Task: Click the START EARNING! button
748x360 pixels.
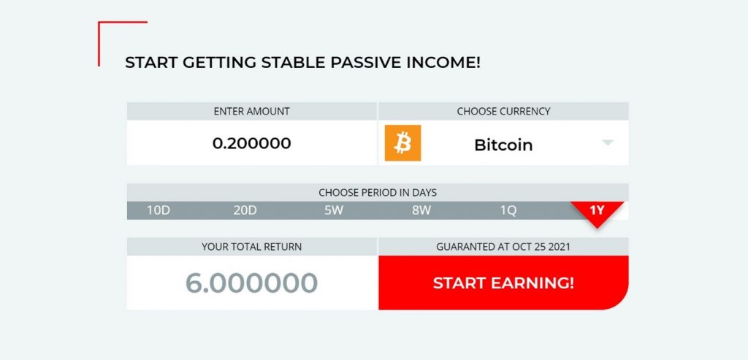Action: pos(503,283)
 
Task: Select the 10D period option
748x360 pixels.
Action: pos(159,210)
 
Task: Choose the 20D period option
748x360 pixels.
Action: pos(245,210)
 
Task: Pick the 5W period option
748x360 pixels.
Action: pos(334,210)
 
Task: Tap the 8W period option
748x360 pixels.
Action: pos(421,210)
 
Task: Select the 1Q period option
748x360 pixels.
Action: pos(508,210)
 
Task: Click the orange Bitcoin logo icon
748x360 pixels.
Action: pos(402,143)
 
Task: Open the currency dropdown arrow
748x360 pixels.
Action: pos(607,142)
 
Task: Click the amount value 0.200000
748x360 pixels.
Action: pos(251,143)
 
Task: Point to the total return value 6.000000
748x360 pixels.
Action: pos(251,283)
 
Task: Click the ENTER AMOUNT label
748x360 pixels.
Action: pos(251,111)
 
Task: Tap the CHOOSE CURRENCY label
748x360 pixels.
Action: pos(503,111)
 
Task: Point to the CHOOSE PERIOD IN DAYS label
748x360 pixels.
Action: pos(378,193)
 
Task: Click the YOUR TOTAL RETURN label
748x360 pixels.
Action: pos(251,247)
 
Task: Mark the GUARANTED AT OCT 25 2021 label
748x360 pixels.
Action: pos(503,247)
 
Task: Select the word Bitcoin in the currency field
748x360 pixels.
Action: pos(503,145)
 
